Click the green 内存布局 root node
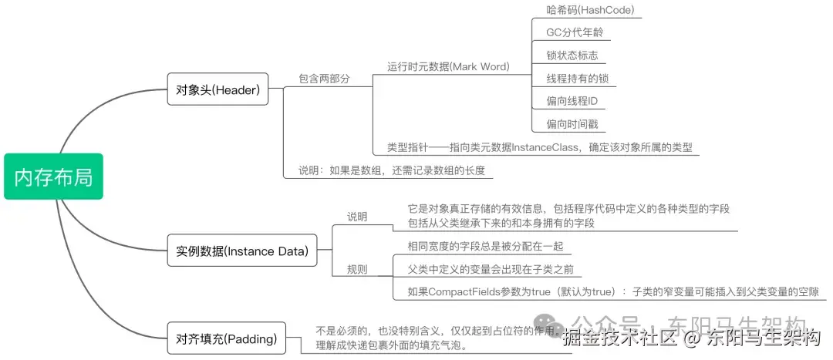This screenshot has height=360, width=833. click(53, 177)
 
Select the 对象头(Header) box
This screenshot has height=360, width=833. click(217, 89)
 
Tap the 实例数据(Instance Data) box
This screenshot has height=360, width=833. click(241, 251)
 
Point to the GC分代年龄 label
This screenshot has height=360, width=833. click(575, 33)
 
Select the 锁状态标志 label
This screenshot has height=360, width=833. click(572, 56)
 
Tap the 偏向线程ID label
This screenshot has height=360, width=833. click(572, 101)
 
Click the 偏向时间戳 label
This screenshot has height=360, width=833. click(572, 124)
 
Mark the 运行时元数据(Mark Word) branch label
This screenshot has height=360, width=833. click(448, 67)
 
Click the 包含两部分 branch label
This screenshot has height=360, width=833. click(324, 79)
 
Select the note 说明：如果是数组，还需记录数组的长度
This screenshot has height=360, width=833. click(392, 170)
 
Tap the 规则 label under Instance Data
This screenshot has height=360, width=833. click(357, 270)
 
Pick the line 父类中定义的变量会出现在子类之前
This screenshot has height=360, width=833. click(494, 269)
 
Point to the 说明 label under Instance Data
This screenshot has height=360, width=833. click(357, 217)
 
